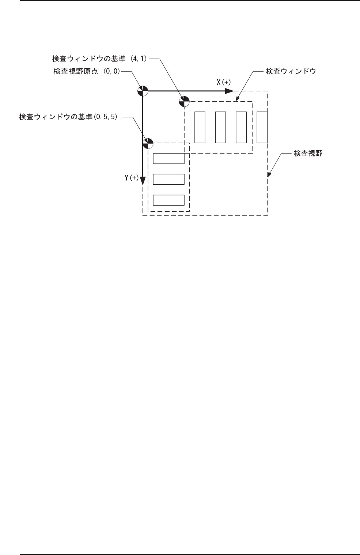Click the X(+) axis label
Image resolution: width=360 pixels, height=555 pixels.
point(223,82)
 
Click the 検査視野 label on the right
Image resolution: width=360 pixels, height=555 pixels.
point(308,154)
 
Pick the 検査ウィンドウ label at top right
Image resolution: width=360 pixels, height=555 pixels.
point(291,71)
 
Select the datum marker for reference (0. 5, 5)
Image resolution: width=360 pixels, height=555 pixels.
point(148,143)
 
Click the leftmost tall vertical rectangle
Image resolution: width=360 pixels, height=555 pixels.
point(200,127)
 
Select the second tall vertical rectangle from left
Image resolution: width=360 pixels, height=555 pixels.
point(220,127)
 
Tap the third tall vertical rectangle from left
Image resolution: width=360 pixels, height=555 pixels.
point(241,127)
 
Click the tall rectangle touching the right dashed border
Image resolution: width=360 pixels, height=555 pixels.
point(262,127)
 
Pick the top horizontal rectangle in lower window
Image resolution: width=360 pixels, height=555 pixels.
point(168,159)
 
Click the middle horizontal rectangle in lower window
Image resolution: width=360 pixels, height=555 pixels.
point(168,180)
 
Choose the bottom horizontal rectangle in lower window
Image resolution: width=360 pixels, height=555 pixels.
point(168,200)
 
